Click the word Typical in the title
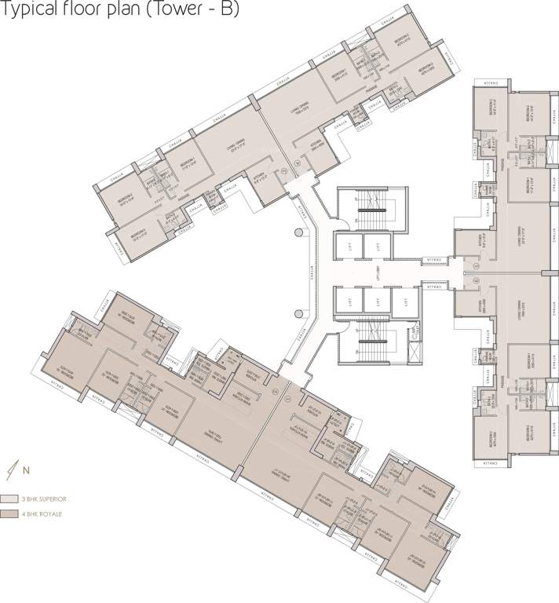[x=30, y=10]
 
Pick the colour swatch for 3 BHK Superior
[x=10, y=499]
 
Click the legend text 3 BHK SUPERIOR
[x=45, y=499]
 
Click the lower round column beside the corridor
[x=296, y=313]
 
